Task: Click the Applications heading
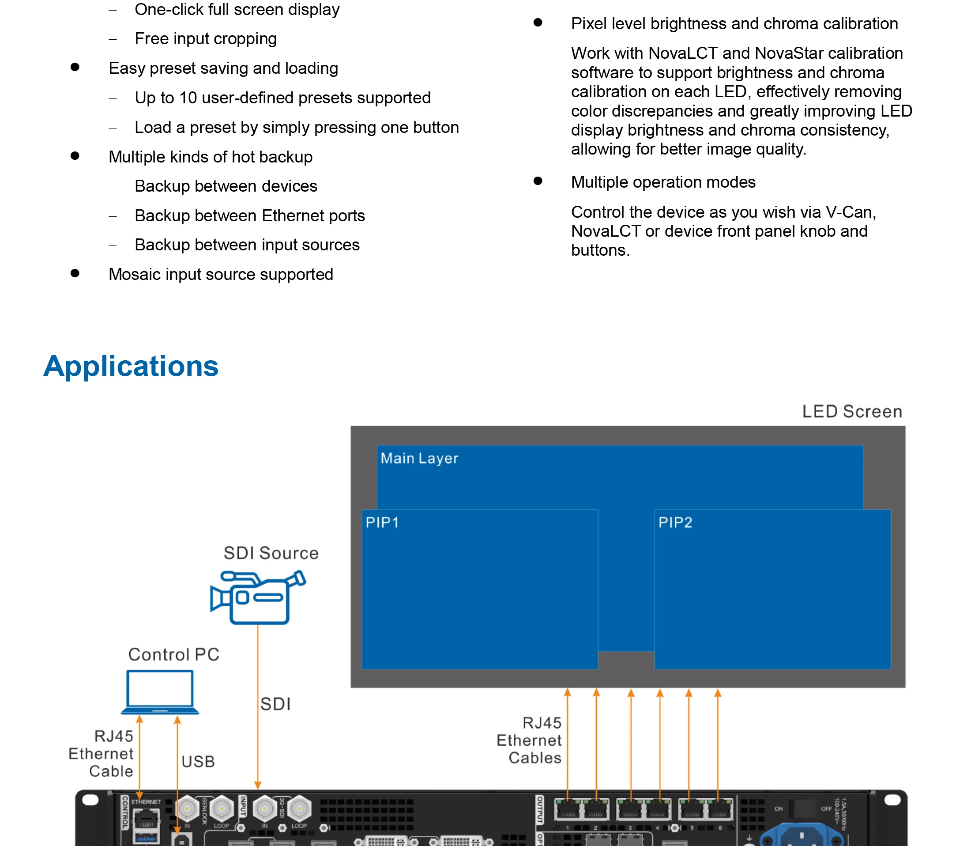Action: [131, 366]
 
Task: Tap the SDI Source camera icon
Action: [257, 597]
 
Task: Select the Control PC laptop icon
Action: [160, 691]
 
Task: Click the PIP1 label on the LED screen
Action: [382, 523]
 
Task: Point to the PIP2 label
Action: [675, 523]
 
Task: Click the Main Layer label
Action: [419, 458]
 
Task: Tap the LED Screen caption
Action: [852, 412]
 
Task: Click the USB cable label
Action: [198, 762]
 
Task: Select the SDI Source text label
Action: [271, 553]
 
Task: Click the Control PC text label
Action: [173, 654]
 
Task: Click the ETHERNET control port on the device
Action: [146, 819]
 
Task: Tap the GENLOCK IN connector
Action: [187, 809]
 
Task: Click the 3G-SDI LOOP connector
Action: [299, 809]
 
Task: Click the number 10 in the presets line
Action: [188, 98]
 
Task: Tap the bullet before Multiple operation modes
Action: [538, 181]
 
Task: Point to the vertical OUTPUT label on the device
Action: [540, 810]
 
